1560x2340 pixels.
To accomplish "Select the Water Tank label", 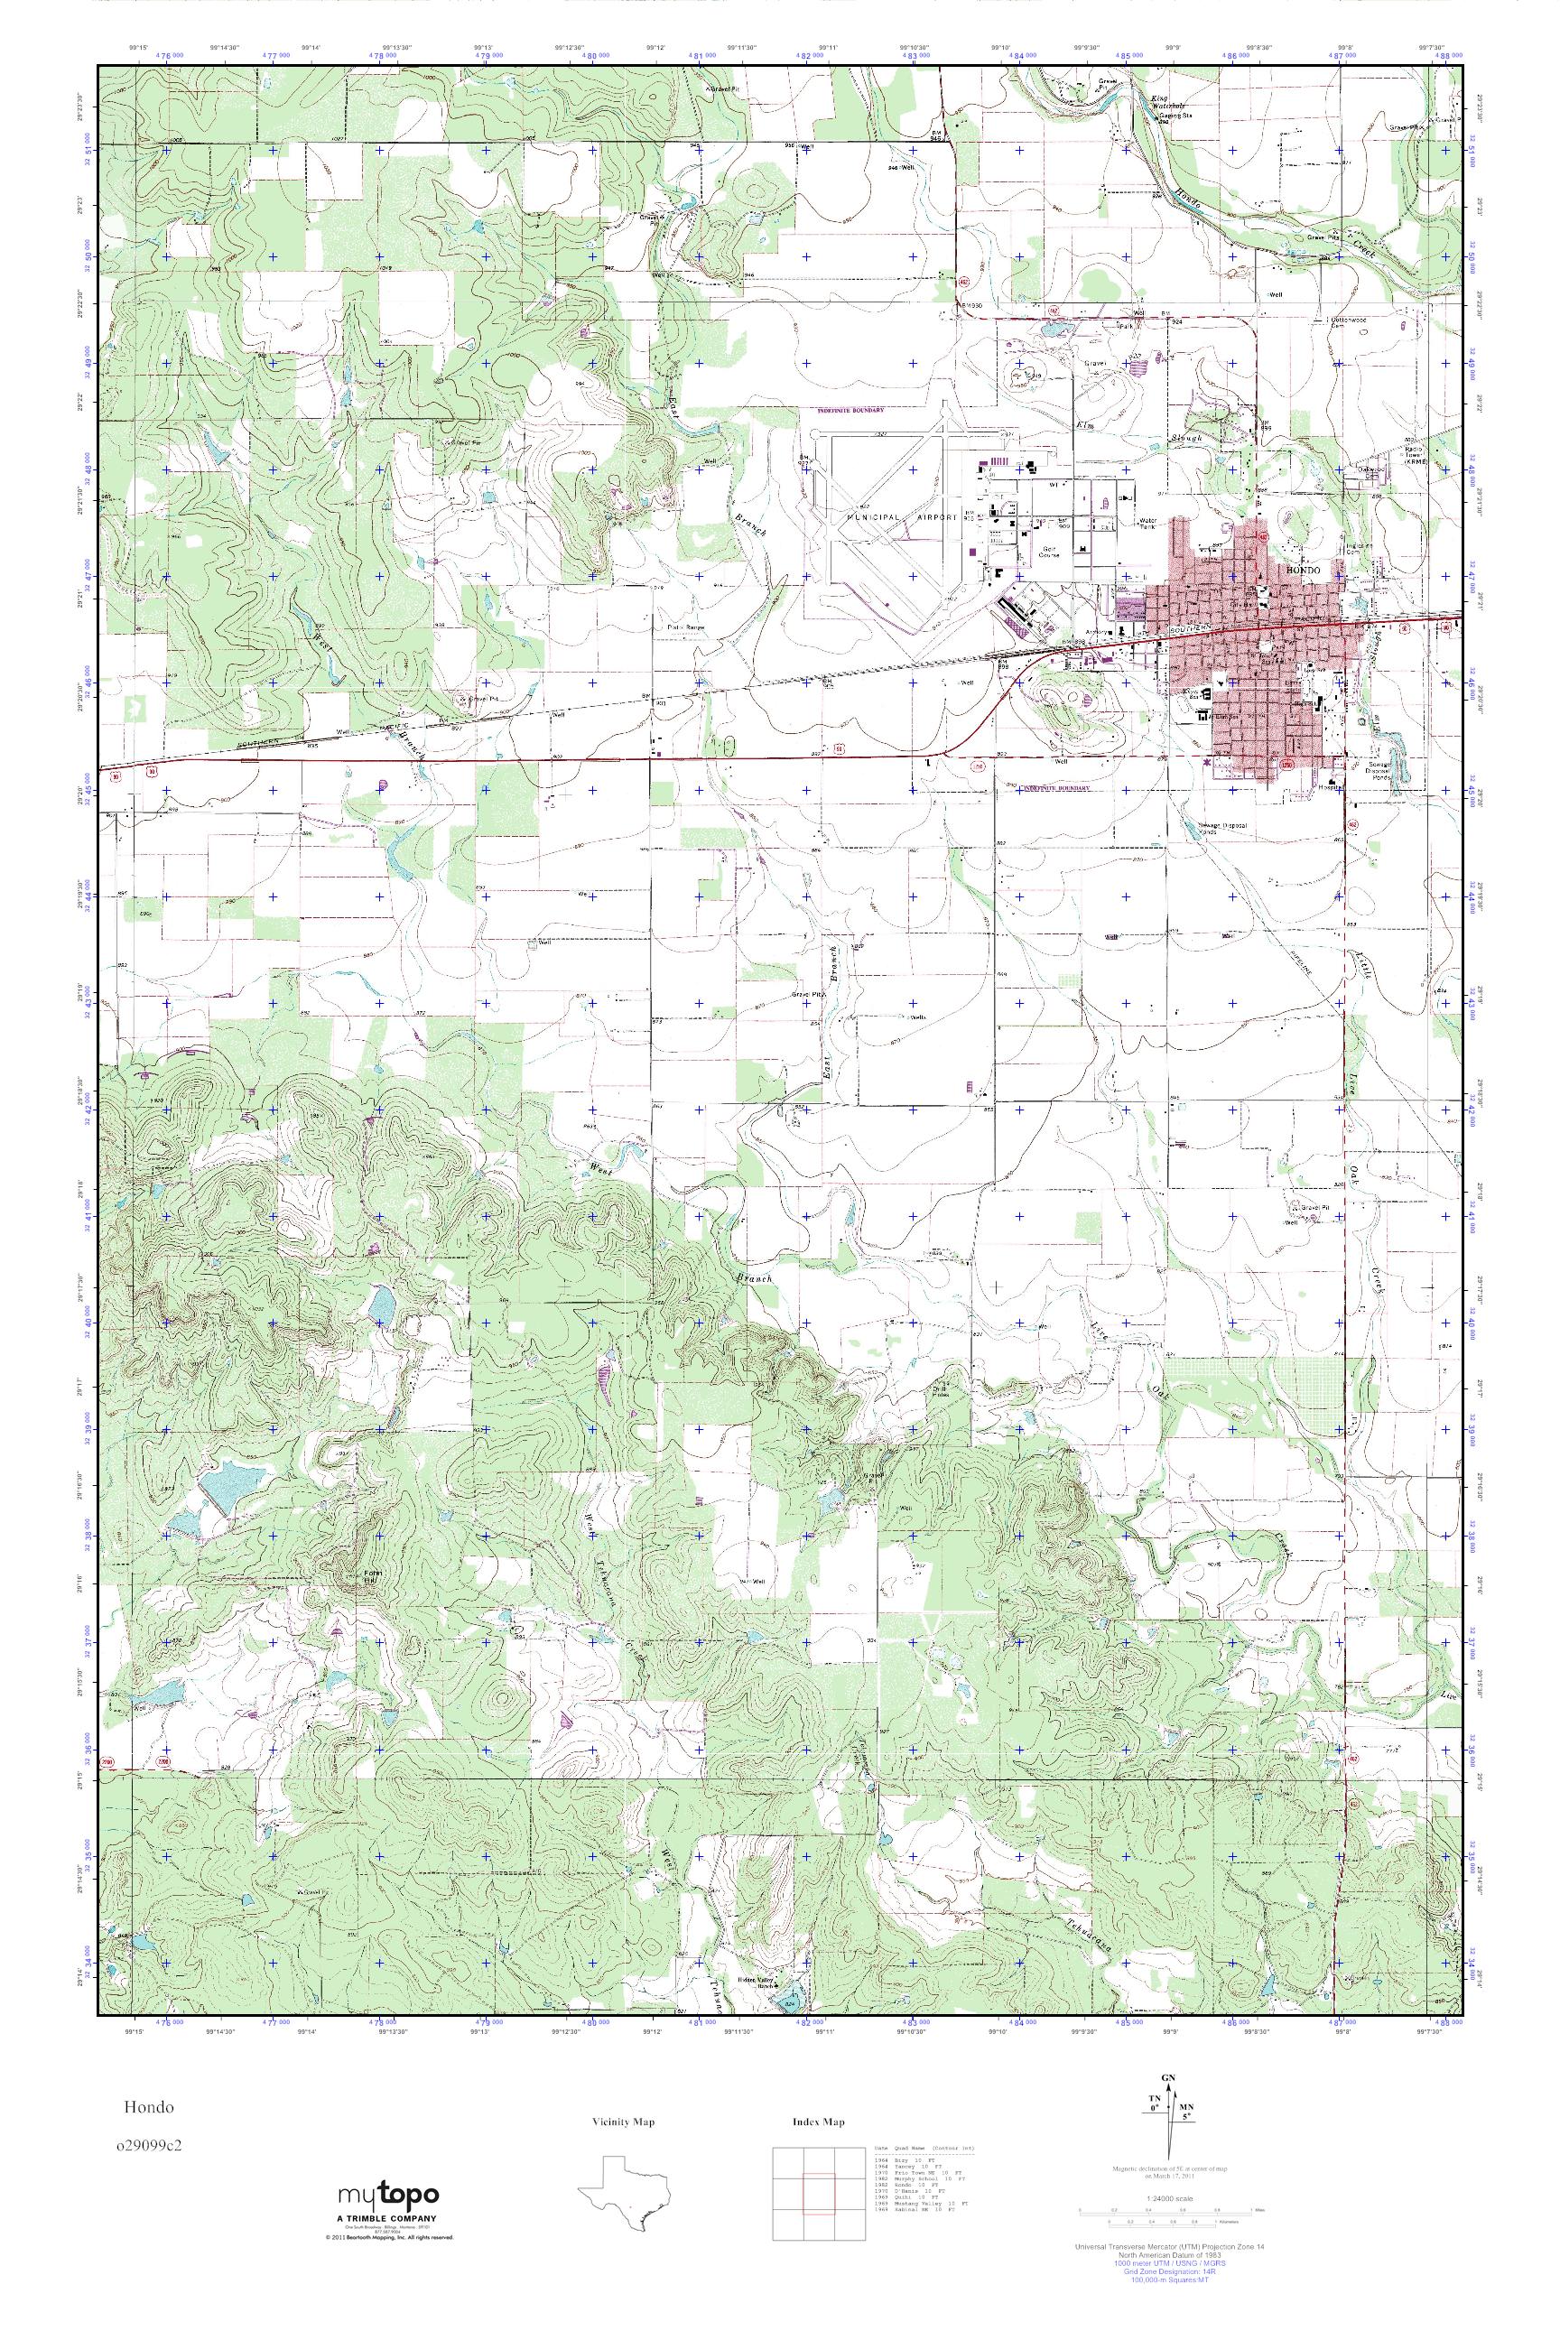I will [x=1147, y=525].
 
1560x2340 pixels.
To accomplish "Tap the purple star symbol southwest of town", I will [x=1207, y=763].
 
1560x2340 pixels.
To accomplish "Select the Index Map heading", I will [x=819, y=2122].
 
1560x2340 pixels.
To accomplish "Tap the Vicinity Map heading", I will [x=623, y=2122].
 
